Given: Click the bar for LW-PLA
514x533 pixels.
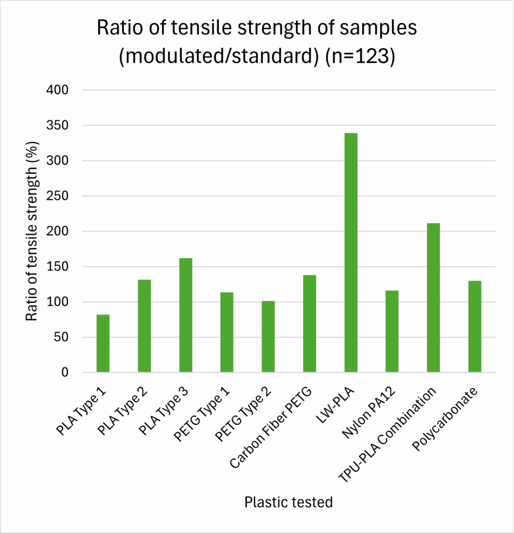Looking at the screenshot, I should click(351, 252).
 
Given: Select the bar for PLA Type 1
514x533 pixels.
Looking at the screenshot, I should click(103, 344).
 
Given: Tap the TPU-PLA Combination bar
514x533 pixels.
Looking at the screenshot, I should click(433, 298).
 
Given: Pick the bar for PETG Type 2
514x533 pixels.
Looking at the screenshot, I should click(268, 337).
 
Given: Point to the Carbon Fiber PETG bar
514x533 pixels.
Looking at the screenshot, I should click(310, 324).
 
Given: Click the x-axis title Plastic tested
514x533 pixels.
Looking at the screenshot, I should click(288, 502).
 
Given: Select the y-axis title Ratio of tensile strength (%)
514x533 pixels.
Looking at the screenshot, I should click(32, 231).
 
